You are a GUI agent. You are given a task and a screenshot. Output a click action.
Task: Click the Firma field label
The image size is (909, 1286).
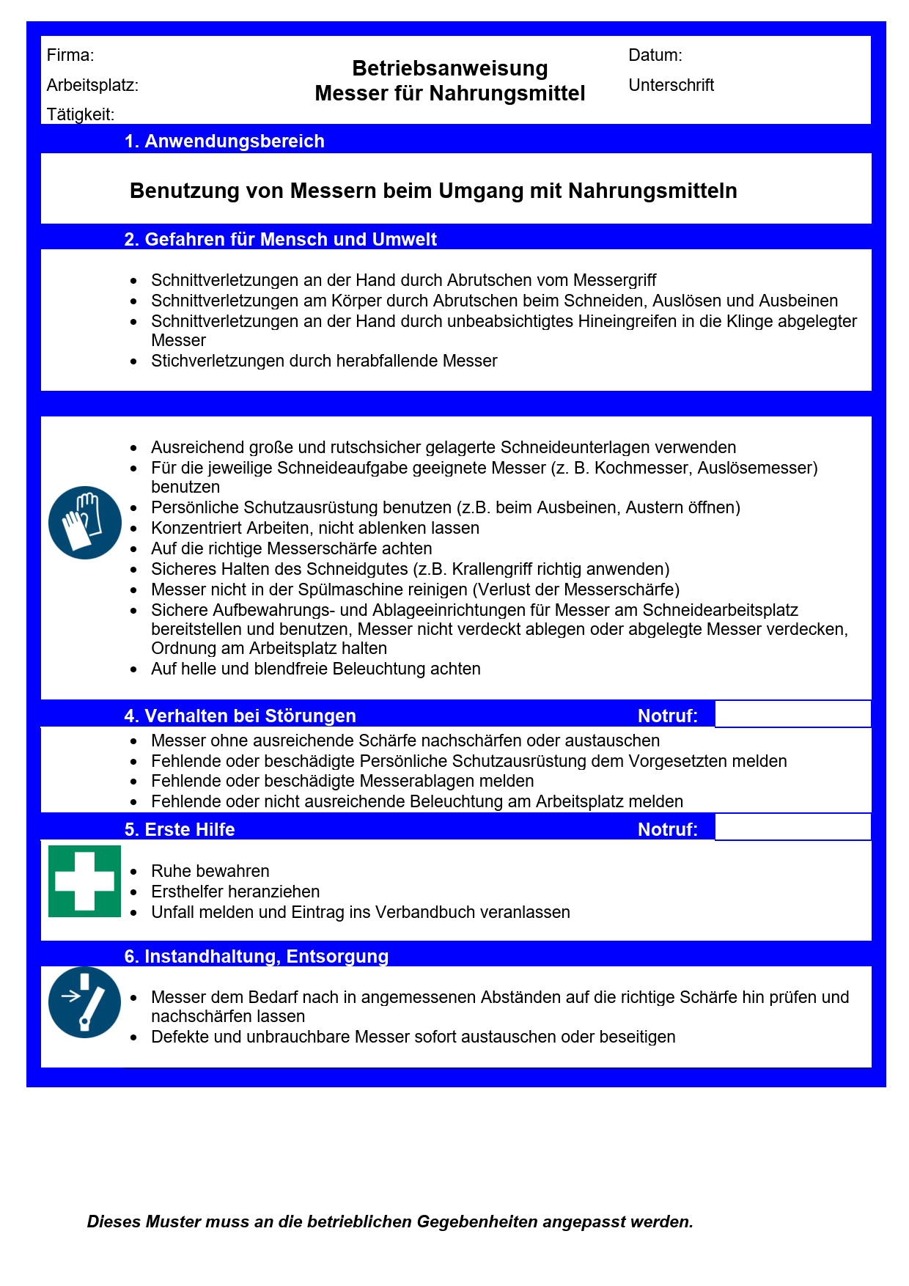[x=70, y=55]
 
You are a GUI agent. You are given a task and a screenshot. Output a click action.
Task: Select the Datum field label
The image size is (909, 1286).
[x=655, y=55]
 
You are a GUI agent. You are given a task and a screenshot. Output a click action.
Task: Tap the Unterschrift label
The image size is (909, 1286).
[x=671, y=85]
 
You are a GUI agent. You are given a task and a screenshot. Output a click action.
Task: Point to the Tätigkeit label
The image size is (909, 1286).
[x=81, y=114]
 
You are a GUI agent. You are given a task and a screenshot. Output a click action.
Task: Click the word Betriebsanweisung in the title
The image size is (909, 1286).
[x=450, y=68]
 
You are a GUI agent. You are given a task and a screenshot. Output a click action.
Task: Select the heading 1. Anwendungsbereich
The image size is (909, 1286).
[x=224, y=141]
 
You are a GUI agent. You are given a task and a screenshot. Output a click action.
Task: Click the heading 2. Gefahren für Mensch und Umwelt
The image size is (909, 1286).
[x=281, y=239]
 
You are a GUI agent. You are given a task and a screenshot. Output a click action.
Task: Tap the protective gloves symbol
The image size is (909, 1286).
[x=85, y=523]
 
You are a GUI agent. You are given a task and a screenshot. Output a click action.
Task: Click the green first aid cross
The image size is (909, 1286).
[x=85, y=881]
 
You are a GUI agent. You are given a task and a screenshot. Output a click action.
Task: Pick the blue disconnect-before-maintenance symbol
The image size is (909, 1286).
[x=85, y=1002]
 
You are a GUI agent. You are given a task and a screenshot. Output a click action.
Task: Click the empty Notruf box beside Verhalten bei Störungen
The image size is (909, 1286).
[x=792, y=714]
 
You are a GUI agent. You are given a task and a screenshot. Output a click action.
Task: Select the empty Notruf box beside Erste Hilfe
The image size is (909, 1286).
[x=792, y=827]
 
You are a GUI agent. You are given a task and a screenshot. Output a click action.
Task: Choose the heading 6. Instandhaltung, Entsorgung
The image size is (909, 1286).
[x=257, y=956]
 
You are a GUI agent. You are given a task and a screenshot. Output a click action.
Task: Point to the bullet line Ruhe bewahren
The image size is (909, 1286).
[x=210, y=871]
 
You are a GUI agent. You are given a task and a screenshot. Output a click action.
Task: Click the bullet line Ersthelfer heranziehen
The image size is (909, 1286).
[x=235, y=892]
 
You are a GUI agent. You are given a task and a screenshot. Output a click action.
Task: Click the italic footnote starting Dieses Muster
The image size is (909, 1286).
[x=390, y=1221]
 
